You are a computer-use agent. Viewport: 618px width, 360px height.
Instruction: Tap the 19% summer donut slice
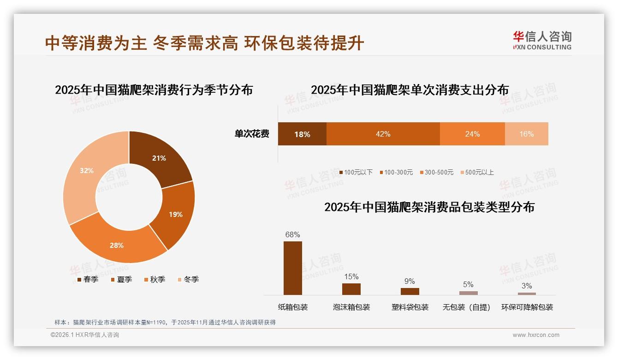tap(175, 214)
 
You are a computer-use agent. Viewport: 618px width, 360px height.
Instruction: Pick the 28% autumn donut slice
tap(117, 245)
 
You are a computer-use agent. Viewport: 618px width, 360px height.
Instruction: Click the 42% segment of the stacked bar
tap(383, 134)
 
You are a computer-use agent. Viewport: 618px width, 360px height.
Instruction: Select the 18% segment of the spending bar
tap(302, 134)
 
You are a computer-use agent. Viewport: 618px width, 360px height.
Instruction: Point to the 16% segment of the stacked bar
tap(526, 134)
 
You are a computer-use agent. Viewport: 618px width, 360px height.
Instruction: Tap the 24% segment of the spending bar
tap(472, 134)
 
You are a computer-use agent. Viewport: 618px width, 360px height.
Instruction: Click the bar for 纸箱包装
tap(293, 268)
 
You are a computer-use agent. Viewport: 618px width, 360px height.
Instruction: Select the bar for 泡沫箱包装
tap(351, 289)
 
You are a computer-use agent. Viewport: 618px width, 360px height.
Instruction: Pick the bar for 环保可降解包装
tap(527, 294)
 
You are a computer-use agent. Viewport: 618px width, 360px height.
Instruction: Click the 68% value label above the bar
tap(293, 234)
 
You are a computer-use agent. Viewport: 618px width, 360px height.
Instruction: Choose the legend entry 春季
tap(88, 279)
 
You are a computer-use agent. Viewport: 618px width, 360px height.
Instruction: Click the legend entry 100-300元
tap(396, 172)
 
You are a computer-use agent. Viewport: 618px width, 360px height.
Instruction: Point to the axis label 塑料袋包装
tap(410, 307)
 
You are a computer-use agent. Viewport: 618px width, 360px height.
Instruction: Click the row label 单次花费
tap(252, 134)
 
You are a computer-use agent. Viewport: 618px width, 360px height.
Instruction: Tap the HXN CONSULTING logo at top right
tap(542, 41)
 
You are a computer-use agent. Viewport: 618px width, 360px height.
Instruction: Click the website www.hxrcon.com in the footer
tap(536, 335)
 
